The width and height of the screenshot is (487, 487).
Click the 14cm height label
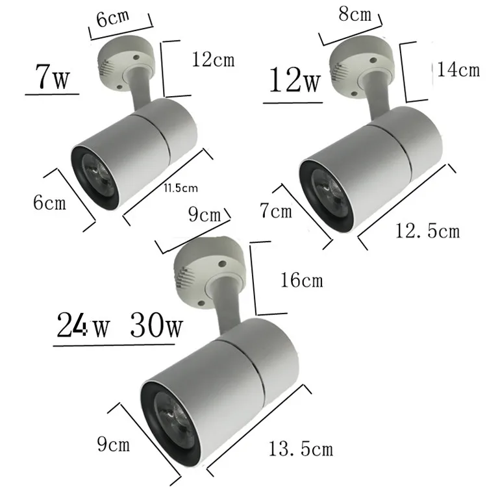[x=457, y=70]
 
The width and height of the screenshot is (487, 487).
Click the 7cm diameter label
[x=277, y=212]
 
